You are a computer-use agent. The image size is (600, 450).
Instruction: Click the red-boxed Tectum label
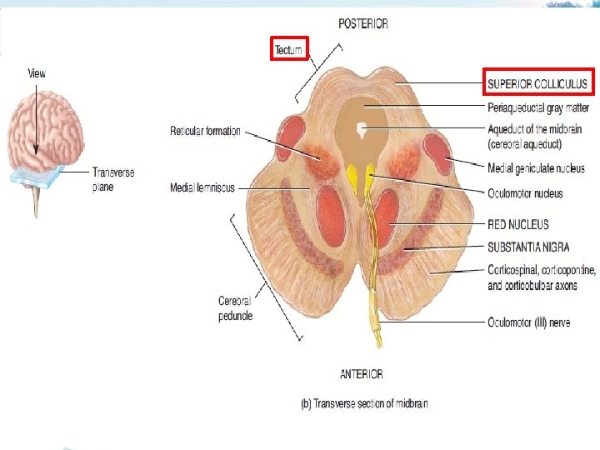pos(290,50)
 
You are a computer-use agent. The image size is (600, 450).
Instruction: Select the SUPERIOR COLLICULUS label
pos(537,83)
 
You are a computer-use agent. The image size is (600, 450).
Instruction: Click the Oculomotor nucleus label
pos(525,193)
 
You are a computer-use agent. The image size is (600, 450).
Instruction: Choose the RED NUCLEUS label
pos(518,224)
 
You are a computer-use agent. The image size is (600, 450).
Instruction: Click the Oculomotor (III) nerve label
pos(528,322)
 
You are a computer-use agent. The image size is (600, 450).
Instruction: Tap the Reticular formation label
pos(205,131)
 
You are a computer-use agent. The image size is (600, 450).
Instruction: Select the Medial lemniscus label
pos(202,187)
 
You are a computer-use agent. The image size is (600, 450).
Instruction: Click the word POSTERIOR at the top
pos(362,24)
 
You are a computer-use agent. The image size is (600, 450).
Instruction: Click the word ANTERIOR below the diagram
pos(361,374)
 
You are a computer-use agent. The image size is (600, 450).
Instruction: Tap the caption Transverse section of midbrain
pos(363,404)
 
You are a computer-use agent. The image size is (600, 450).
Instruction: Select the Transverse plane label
pos(112,180)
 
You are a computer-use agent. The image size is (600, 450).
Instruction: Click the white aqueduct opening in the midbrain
pos(362,129)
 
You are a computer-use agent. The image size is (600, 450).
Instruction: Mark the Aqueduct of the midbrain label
pos(534,135)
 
